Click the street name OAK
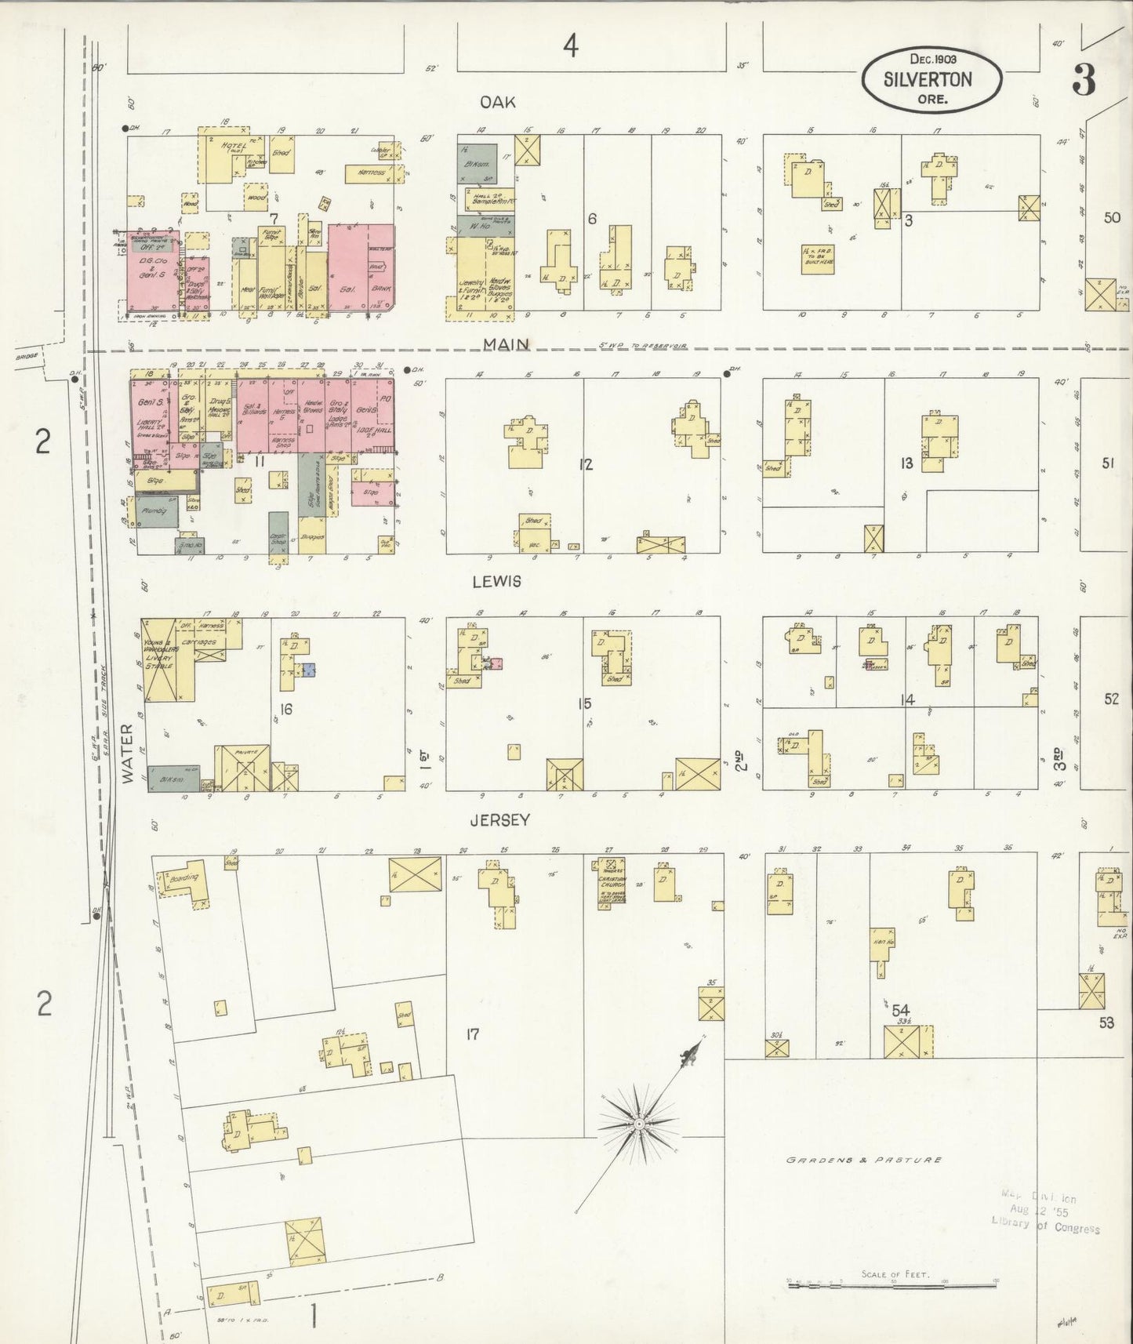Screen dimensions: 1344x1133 pyautogui.click(x=498, y=102)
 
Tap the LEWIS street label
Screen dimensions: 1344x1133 pyautogui.click(x=497, y=582)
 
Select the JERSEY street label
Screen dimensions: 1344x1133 pyautogui.click(x=499, y=820)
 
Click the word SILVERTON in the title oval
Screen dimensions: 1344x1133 pyautogui.click(x=928, y=79)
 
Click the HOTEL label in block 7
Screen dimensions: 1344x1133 pyautogui.click(x=233, y=147)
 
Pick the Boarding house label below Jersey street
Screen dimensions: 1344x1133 pyautogui.click(x=183, y=878)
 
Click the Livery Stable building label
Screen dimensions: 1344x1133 pyautogui.click(x=161, y=659)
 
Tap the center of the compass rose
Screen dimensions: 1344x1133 pyautogui.click(x=639, y=1124)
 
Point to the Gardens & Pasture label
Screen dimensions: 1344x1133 pyautogui.click(x=864, y=1160)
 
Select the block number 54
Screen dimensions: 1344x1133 pyautogui.click(x=899, y=1011)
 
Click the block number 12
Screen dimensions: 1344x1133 pyautogui.click(x=585, y=465)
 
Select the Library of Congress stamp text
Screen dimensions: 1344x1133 pyautogui.click(x=1044, y=1230)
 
